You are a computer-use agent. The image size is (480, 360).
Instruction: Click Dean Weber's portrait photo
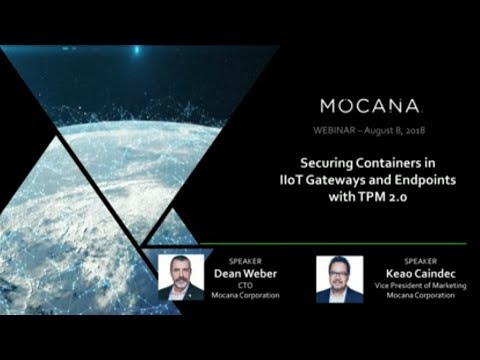pyautogui.click(x=181, y=277)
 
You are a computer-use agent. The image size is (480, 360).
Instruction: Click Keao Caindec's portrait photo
pyautogui.click(x=338, y=279)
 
